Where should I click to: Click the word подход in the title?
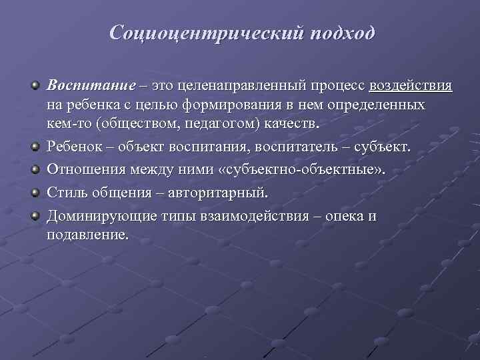341,33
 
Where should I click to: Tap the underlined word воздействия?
411,87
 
